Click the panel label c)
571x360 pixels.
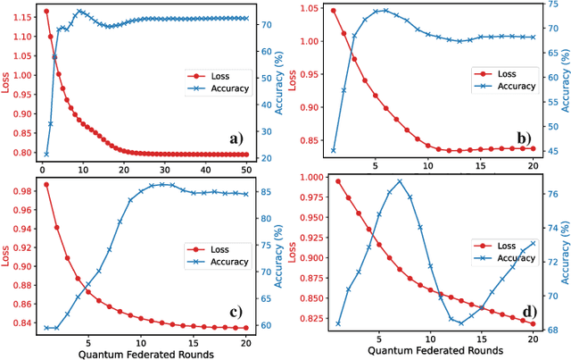[236, 311]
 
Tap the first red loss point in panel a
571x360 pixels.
[46, 12]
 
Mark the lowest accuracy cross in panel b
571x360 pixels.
[334, 150]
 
